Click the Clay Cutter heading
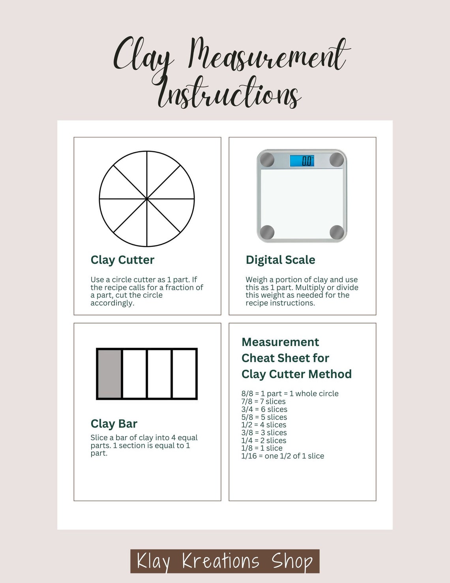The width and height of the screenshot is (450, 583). (x=122, y=260)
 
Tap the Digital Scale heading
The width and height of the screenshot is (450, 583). (x=280, y=260)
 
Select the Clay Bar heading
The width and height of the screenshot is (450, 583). (x=114, y=424)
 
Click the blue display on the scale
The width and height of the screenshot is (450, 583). (x=302, y=161)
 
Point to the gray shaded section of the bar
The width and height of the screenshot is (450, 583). (x=109, y=374)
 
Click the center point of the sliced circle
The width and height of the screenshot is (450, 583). (x=147, y=199)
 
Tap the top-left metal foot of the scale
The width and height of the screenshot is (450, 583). (x=267, y=160)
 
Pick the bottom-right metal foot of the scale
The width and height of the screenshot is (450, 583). (x=337, y=232)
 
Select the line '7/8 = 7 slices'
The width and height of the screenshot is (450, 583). (x=263, y=402)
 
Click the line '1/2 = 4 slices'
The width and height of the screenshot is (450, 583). (x=264, y=425)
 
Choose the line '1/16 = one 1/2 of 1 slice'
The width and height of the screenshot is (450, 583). (x=283, y=456)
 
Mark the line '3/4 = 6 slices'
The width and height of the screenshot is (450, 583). (x=264, y=410)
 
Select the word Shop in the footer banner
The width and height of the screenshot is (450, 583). (x=292, y=561)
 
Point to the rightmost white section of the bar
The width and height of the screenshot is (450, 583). (x=184, y=374)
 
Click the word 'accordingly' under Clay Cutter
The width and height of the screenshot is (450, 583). (x=112, y=303)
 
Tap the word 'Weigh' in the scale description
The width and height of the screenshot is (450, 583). (x=257, y=280)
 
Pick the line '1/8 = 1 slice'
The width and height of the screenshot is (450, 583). (x=262, y=448)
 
